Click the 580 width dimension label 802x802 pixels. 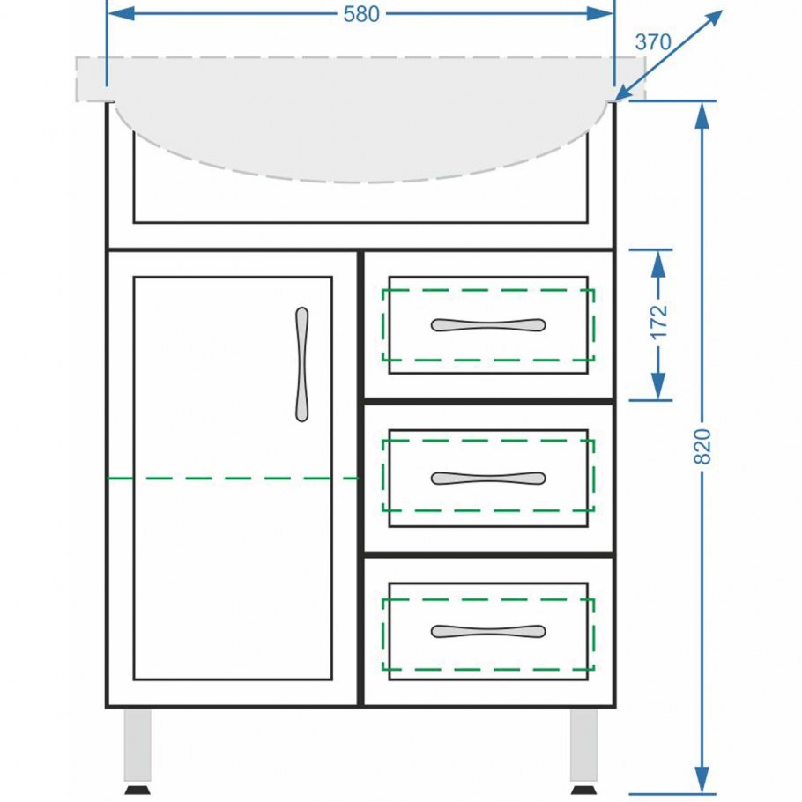point(361,14)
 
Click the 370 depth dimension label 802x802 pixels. point(653,41)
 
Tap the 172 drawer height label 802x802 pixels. point(659,323)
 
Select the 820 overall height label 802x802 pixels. point(702,447)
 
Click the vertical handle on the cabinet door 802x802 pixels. point(302,364)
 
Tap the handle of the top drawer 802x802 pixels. point(487,324)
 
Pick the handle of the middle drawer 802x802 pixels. point(487,479)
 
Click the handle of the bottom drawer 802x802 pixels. point(487,631)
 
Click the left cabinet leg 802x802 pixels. point(137,745)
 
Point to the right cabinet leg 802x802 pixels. point(583,745)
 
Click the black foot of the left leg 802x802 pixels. point(137,789)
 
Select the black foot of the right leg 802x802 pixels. point(583,789)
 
